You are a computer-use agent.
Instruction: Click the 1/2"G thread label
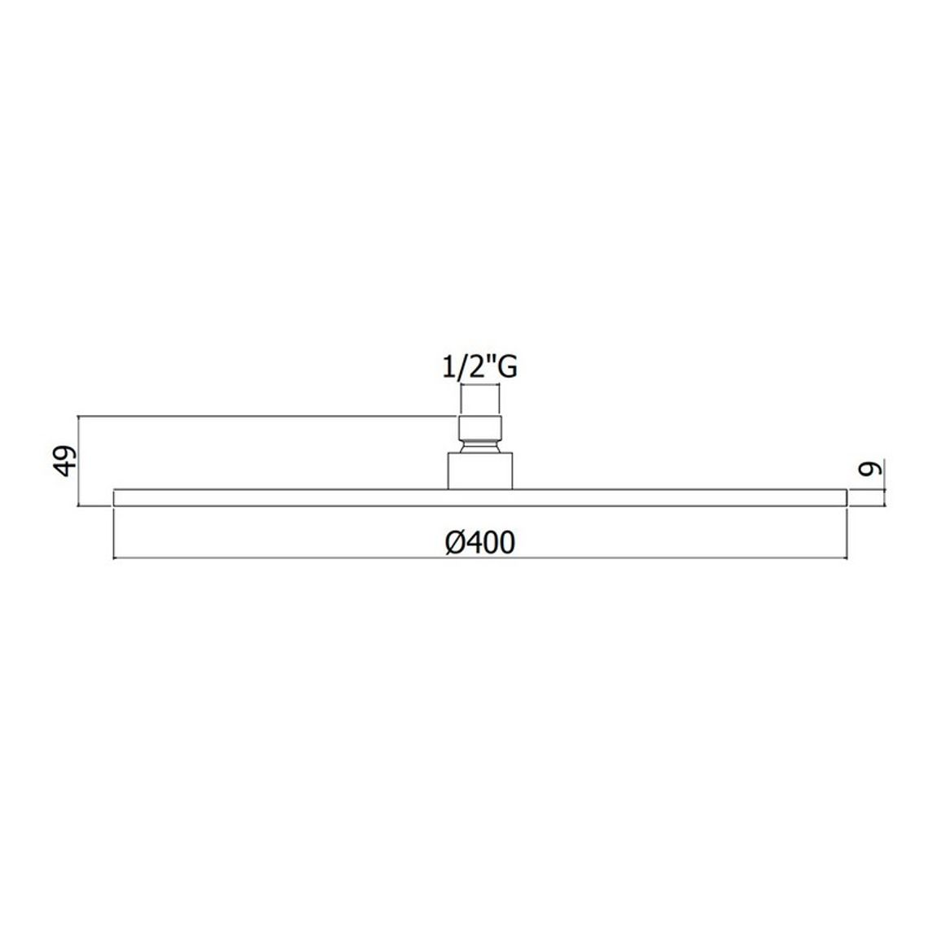(x=479, y=367)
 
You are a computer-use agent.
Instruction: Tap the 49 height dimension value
(x=67, y=460)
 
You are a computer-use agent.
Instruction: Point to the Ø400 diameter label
(x=480, y=542)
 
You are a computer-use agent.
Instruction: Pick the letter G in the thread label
(x=507, y=368)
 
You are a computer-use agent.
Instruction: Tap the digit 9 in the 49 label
(x=67, y=452)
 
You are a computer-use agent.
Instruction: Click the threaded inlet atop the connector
(x=480, y=428)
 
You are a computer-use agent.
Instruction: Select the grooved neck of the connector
(x=480, y=447)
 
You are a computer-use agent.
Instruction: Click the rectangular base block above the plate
(x=480, y=471)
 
